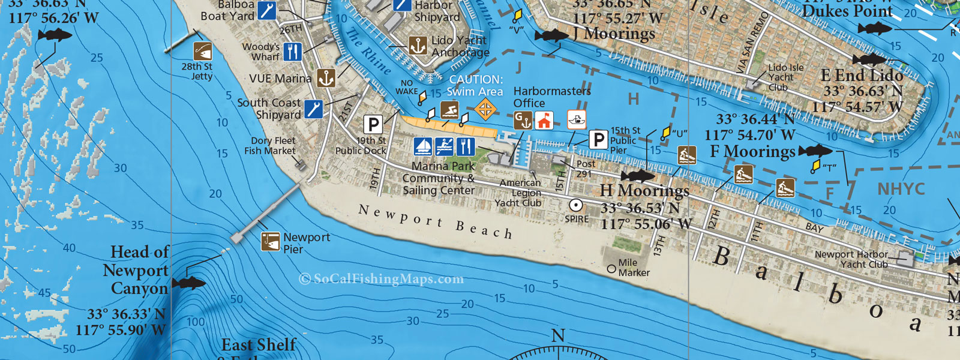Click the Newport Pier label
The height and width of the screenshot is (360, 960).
[x=306, y=243]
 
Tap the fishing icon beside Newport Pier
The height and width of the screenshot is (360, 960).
[x=271, y=242]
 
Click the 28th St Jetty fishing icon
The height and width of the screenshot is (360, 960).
[x=202, y=51]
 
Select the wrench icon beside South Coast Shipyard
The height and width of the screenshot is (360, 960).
[x=313, y=109]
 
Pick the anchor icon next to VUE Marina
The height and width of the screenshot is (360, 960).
[x=326, y=78]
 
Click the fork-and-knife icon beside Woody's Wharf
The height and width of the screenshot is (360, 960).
[x=292, y=52]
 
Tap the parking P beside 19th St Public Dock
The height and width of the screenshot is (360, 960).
[x=373, y=125]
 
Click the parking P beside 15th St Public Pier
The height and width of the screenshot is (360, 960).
[x=598, y=140]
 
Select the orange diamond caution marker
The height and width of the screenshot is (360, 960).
[x=485, y=109]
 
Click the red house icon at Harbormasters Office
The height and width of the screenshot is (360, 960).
[x=544, y=121]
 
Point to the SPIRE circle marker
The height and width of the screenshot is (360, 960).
[x=576, y=205]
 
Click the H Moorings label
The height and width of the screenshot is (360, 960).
[x=644, y=191]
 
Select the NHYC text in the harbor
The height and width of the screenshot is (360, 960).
[x=901, y=189]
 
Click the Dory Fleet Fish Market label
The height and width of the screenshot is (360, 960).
[x=270, y=146]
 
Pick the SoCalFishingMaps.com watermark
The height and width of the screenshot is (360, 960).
[x=381, y=278]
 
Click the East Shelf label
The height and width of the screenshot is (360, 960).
[x=259, y=345]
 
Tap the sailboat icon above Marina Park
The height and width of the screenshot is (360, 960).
[x=423, y=146]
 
